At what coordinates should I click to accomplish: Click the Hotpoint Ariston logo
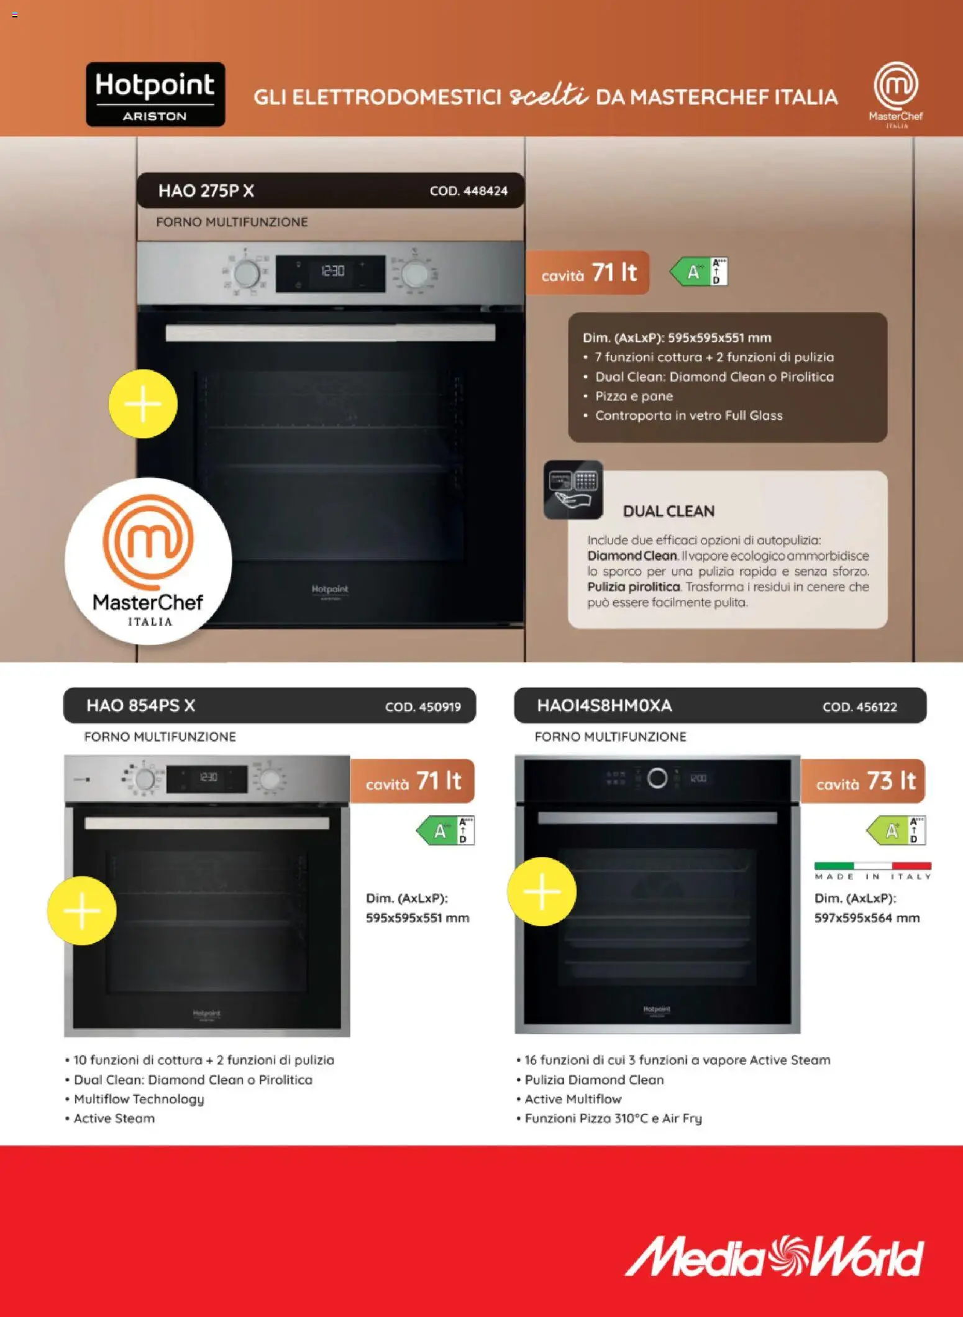tap(155, 94)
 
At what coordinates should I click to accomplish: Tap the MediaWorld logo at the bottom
tap(774, 1256)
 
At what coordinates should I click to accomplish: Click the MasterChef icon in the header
tap(895, 94)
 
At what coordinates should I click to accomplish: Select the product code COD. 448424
tap(468, 191)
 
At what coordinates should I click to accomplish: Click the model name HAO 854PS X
tap(140, 705)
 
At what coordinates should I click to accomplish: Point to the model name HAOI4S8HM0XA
tap(604, 705)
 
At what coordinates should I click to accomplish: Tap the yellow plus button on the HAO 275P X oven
tap(143, 404)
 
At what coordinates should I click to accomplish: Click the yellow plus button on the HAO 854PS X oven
tap(82, 911)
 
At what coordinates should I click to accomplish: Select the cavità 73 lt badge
tap(864, 781)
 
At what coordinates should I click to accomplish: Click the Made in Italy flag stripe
tap(872, 866)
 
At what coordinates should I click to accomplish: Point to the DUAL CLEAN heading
tap(669, 511)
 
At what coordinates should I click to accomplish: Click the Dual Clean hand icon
tap(573, 490)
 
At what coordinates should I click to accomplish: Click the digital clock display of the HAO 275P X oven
tap(331, 272)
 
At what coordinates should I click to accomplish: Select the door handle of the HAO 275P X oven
tap(330, 333)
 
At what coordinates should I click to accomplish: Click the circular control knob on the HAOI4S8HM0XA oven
tap(657, 778)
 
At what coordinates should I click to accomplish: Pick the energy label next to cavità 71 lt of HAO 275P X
tap(699, 272)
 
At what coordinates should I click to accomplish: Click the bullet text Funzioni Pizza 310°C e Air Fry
tap(613, 1118)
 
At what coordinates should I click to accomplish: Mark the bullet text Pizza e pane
tap(634, 396)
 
